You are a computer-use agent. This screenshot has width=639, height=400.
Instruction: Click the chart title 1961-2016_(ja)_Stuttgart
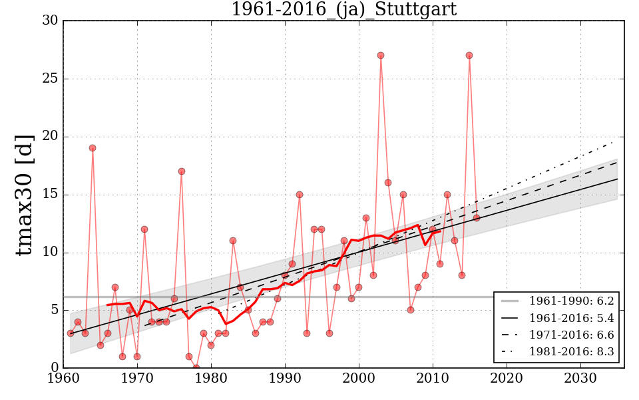click(x=343, y=9)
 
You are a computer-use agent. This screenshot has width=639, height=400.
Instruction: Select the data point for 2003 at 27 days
click(x=381, y=55)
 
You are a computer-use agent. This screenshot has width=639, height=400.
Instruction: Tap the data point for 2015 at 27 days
click(x=469, y=55)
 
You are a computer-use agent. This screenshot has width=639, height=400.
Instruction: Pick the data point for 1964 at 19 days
click(x=93, y=148)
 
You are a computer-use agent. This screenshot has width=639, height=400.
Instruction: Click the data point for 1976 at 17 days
click(x=181, y=171)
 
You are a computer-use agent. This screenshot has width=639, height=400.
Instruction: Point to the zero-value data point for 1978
click(x=196, y=367)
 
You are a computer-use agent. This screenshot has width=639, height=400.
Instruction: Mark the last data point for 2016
click(x=477, y=218)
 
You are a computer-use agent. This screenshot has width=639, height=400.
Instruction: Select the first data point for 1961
click(x=71, y=333)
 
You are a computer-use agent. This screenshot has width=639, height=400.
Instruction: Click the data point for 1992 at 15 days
click(x=300, y=195)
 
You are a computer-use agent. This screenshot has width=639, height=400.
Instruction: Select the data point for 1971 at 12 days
click(x=144, y=229)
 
